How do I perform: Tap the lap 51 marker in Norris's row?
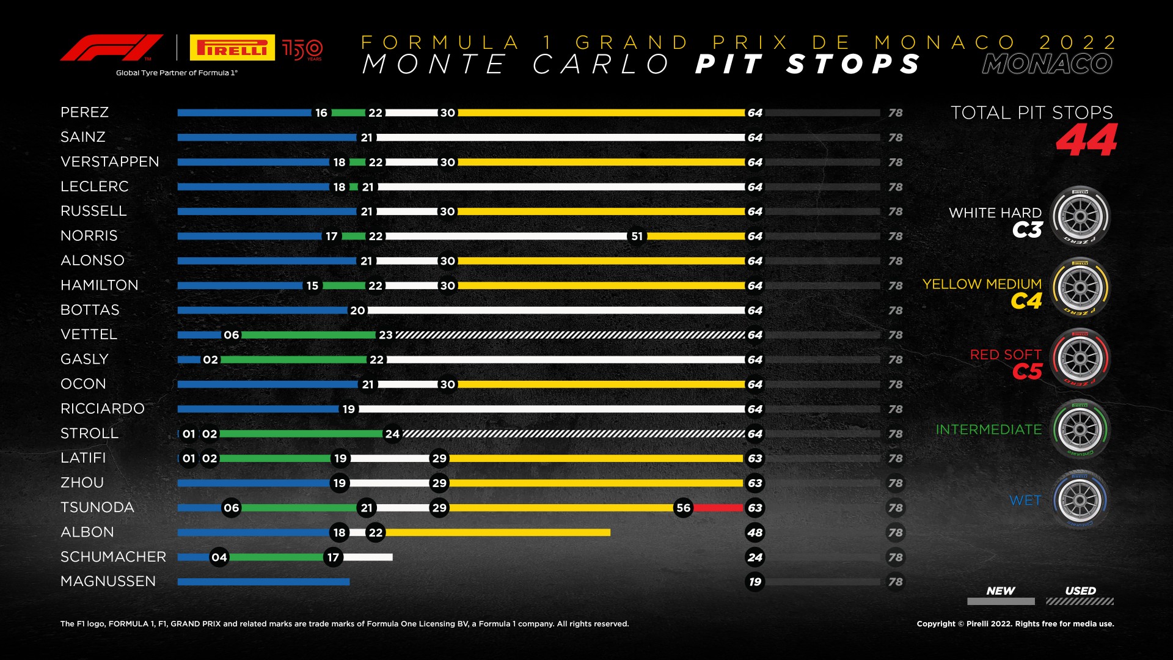[637, 237]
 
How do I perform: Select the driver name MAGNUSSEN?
[108, 581]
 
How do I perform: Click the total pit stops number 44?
[1086, 141]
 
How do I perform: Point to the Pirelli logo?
[232, 48]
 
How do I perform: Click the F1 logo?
[111, 48]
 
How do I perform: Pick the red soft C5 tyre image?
[1080, 359]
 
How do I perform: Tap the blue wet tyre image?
[1080, 500]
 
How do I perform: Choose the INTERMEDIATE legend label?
[988, 430]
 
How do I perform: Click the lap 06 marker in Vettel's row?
[232, 335]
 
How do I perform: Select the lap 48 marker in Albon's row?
[755, 532]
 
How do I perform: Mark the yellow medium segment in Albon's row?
[497, 532]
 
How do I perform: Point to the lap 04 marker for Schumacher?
[219, 557]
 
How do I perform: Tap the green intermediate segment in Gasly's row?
[293, 360]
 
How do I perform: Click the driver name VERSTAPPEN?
[110, 162]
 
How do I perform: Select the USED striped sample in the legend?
[1080, 601]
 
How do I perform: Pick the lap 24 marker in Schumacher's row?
[755, 557]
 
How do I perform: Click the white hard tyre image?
[1080, 216]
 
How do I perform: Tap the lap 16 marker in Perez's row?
[321, 113]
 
